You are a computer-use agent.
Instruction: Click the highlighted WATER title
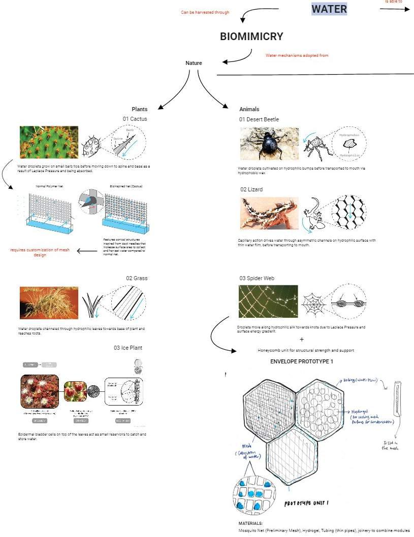tap(329, 9)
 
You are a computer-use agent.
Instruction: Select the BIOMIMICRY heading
tap(251, 37)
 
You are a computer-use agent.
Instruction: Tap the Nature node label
tap(194, 63)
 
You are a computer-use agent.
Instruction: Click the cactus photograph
tap(49, 143)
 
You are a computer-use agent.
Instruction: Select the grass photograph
tap(49, 303)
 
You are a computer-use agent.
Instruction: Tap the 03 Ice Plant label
tap(128, 348)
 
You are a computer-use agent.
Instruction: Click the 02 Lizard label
tap(251, 189)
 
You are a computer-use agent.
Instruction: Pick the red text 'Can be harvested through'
tap(205, 12)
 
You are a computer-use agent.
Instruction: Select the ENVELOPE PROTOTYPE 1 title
tap(302, 361)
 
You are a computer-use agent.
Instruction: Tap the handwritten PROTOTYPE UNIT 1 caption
tap(306, 503)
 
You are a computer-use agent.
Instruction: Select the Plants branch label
tap(140, 109)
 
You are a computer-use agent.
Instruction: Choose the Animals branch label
tap(249, 109)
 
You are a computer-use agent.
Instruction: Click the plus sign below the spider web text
tap(302, 339)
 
